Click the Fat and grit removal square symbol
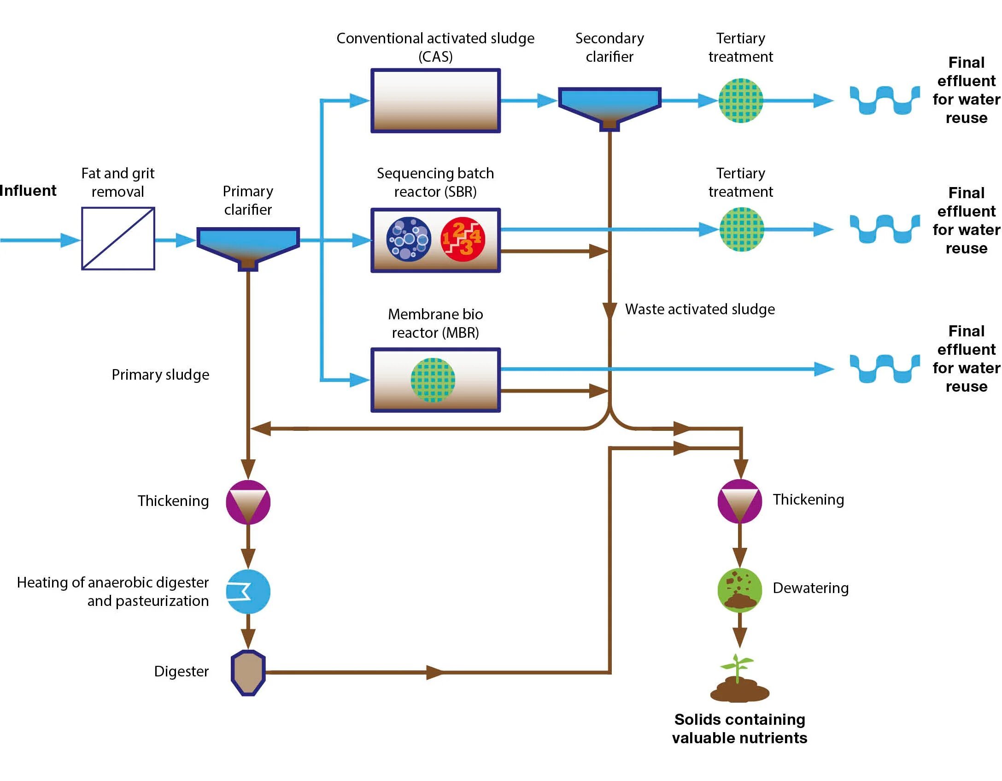(118, 238)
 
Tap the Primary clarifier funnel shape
(248, 244)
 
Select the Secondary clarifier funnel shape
(609, 105)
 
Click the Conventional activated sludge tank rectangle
(435, 100)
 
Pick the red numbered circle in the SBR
(463, 239)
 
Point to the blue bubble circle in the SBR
(409, 239)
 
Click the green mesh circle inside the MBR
(433, 380)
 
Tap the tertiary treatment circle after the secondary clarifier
(740, 100)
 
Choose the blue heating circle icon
(248, 591)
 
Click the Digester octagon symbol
(248, 672)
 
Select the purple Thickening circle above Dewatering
(740, 501)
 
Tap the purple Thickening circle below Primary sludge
(248, 502)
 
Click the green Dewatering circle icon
(740, 590)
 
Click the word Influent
(28, 190)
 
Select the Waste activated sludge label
(699, 309)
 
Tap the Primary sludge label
(160, 375)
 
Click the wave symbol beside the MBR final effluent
(884, 369)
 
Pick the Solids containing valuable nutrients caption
(739, 728)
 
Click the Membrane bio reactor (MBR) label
(435, 323)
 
